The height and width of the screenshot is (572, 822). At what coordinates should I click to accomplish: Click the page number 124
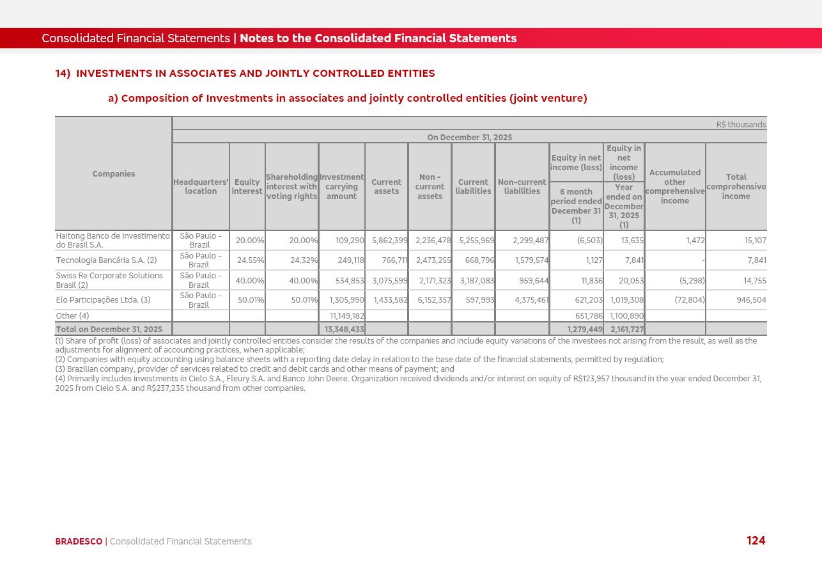tap(756, 541)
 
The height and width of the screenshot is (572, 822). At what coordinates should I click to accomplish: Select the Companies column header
tap(114, 174)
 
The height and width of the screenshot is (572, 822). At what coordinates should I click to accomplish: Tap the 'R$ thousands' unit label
tap(741, 125)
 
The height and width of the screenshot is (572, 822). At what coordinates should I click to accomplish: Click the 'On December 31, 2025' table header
tap(469, 138)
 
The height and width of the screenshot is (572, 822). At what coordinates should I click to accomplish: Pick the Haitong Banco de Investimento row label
tap(113, 241)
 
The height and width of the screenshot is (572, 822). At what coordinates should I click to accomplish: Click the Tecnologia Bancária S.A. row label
tap(106, 260)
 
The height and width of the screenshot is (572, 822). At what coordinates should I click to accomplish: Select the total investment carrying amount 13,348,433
tap(344, 330)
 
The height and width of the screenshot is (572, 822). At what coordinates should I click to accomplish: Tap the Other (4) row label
tap(72, 316)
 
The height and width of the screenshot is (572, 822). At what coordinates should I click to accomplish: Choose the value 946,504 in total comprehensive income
tap(751, 300)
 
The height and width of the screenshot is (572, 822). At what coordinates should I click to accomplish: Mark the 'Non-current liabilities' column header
tap(522, 187)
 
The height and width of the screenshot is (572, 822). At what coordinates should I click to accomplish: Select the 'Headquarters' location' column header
tap(201, 187)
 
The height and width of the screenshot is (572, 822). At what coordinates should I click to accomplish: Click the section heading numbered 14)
tap(245, 74)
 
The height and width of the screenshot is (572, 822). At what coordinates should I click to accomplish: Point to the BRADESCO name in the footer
tap(79, 541)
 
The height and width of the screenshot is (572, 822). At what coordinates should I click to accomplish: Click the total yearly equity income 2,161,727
tap(626, 330)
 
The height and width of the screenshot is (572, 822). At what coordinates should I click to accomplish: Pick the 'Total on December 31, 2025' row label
tap(109, 330)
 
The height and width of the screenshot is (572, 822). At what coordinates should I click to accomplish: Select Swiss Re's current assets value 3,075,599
tap(389, 281)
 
